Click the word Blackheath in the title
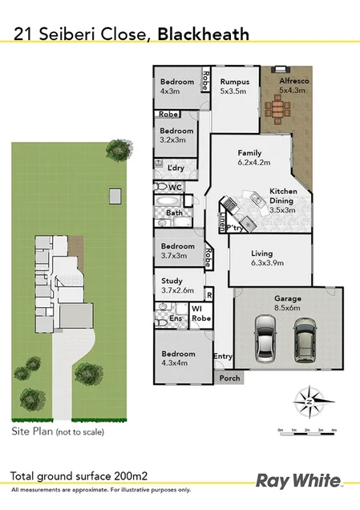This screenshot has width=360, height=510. [x=203, y=34]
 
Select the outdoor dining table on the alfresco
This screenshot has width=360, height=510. [x=280, y=108]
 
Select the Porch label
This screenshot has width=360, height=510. [x=229, y=378]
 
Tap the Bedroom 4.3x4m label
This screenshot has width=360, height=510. [x=177, y=358]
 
